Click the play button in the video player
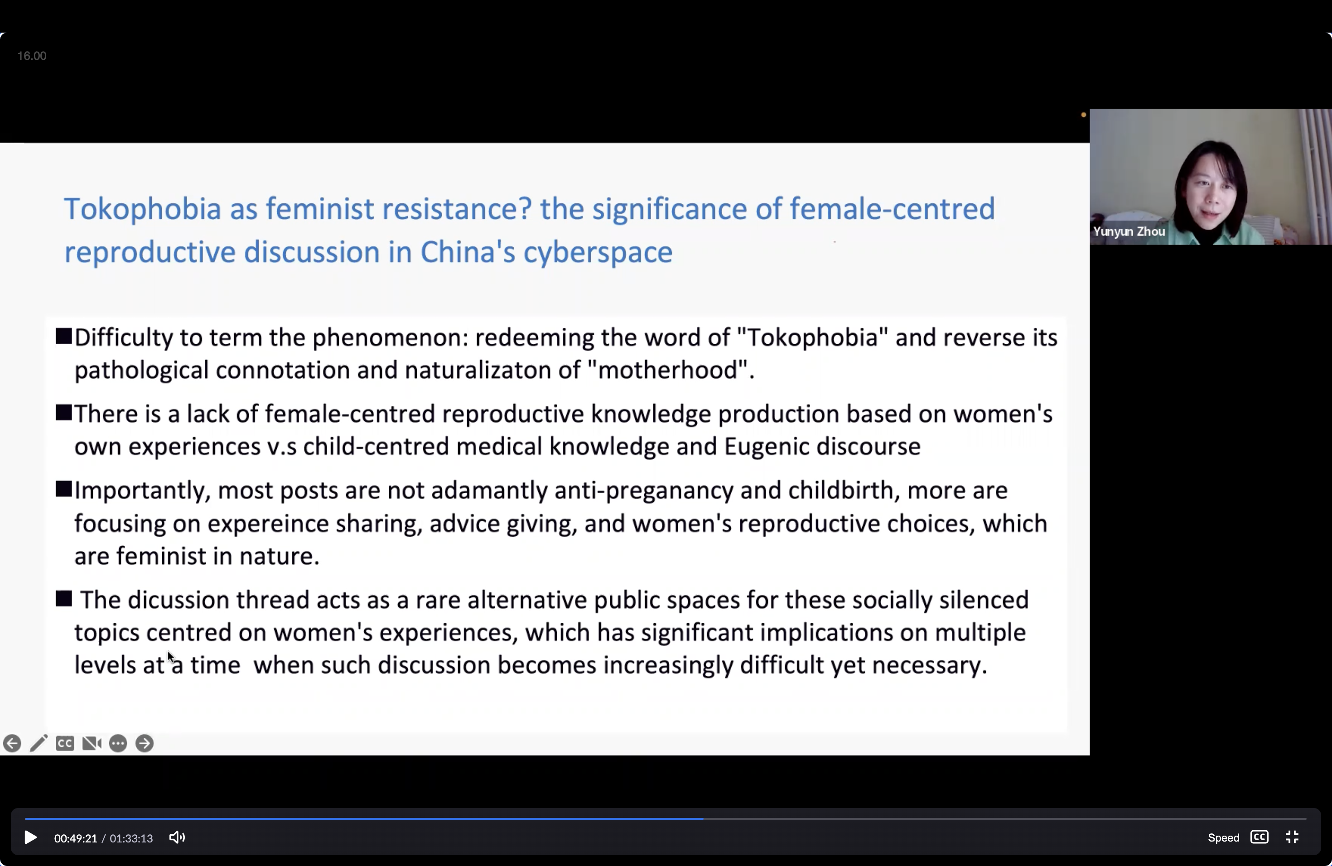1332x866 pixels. click(31, 837)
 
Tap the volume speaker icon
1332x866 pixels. click(177, 837)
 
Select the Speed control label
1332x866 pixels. click(1223, 837)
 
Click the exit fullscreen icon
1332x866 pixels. click(1292, 837)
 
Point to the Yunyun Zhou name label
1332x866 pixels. click(1129, 231)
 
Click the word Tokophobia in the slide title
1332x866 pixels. click(143, 209)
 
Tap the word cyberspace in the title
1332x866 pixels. click(598, 253)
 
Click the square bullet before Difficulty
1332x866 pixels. click(64, 336)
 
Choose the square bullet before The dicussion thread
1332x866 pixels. click(64, 599)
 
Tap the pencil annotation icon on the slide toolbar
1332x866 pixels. click(39, 743)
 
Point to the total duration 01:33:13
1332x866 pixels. click(131, 838)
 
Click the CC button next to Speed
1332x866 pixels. click(1259, 837)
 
